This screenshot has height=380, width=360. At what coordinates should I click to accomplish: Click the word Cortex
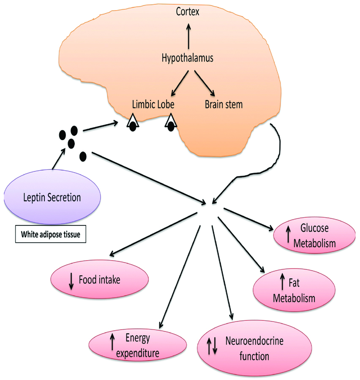188,11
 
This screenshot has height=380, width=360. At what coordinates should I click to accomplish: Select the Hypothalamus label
188,58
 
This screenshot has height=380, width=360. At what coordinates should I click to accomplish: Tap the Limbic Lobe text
153,104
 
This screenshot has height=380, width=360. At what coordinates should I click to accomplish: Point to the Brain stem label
224,104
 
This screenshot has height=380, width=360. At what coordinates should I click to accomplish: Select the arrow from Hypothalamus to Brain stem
205,83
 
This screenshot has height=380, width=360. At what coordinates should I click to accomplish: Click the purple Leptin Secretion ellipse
52,198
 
